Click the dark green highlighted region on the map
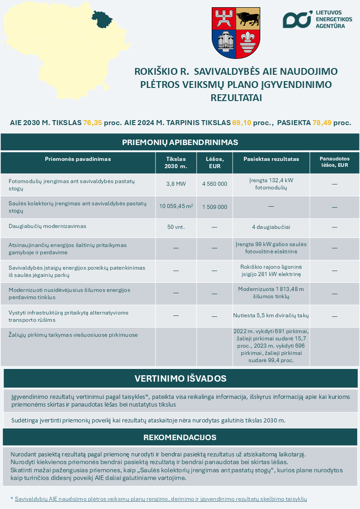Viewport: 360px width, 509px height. pyautogui.click(x=102, y=18)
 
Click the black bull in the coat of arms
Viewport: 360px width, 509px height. pyautogui.click(x=248, y=19)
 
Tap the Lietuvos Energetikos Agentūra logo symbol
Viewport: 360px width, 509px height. pyautogui.click(x=297, y=19)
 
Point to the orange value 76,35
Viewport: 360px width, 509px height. pyautogui.click(x=92, y=123)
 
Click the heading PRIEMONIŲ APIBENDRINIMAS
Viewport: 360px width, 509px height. pyautogui.click(x=180, y=142)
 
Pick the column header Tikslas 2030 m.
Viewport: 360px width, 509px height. pyautogui.click(x=176, y=163)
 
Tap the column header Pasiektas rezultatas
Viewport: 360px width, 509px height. pyautogui.click(x=271, y=159)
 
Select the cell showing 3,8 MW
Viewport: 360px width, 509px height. pyautogui.click(x=176, y=184)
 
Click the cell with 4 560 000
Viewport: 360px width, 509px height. pyautogui.click(x=214, y=184)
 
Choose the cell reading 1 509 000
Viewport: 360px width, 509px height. pyautogui.click(x=214, y=207)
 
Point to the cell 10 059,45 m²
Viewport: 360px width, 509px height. pyautogui.click(x=176, y=207)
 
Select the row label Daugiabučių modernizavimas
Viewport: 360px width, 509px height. pyautogui.click(x=47, y=226)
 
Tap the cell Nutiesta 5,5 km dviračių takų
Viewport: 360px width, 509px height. pyautogui.click(x=271, y=316)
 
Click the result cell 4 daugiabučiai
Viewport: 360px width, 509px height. pyautogui.click(x=271, y=227)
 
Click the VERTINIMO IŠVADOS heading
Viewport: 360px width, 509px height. pyautogui.click(x=180, y=378)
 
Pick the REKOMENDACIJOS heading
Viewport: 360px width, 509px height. pyautogui.click(x=180, y=437)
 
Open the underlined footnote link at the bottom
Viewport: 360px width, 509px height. pyautogui.click(x=161, y=499)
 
